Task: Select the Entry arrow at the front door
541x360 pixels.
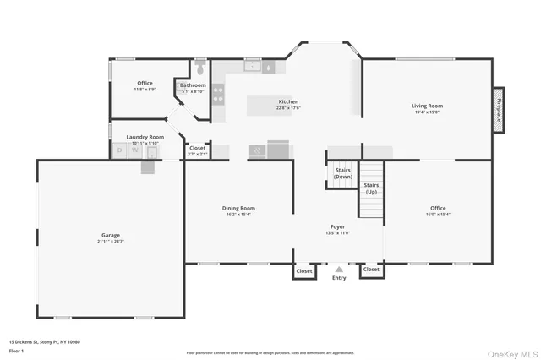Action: [339, 268]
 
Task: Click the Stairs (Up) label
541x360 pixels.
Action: [371, 188]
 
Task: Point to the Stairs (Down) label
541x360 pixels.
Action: [342, 173]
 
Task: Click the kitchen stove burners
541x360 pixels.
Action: [218, 92]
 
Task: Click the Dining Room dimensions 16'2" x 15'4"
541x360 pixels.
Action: [239, 215]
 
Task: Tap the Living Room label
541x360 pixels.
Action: [427, 106]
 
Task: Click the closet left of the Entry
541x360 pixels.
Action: [303, 271]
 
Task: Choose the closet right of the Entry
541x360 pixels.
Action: [370, 271]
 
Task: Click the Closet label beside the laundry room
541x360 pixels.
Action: [197, 148]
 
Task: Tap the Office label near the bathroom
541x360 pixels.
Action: [145, 83]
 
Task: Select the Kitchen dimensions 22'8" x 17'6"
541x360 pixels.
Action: [288, 108]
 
